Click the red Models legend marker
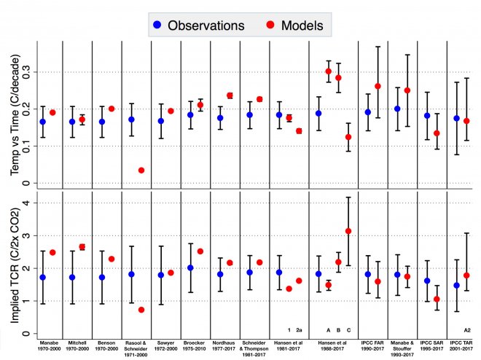267,25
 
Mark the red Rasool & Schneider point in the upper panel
141,171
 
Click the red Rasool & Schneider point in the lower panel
141,310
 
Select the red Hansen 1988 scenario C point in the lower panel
348,231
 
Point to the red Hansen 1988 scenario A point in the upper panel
329,71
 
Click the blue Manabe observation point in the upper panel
43,122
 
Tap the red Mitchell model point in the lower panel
82,247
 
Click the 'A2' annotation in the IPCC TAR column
466,329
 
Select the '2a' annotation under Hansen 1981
299,329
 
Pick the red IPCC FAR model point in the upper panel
378,86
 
